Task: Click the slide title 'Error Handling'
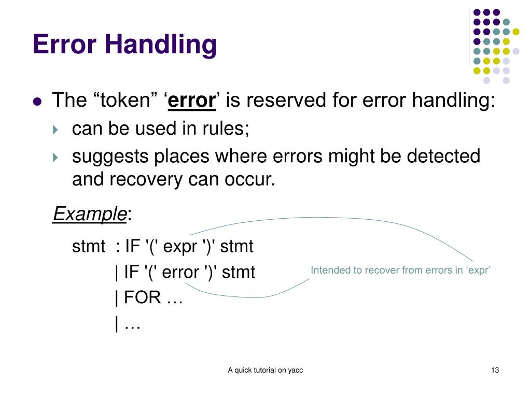(x=124, y=45)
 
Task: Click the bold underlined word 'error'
(x=192, y=101)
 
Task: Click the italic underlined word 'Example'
(x=90, y=214)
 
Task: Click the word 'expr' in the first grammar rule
(x=180, y=247)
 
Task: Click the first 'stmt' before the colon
(x=89, y=247)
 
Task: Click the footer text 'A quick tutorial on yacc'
(x=265, y=370)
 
